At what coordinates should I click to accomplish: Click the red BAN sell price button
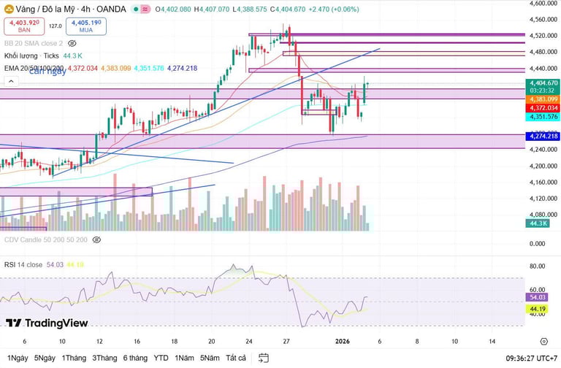click(x=24, y=27)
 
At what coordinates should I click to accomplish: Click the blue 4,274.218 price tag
click(x=542, y=137)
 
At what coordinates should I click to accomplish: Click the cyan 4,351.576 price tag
click(x=542, y=117)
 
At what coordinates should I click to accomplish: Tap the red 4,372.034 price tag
click(x=542, y=108)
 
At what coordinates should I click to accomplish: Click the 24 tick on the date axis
click(x=249, y=341)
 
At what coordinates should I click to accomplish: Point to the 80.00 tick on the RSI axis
click(x=538, y=267)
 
